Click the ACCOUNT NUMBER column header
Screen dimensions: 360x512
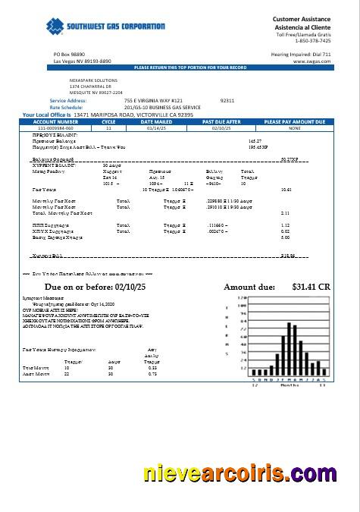coord(55,121)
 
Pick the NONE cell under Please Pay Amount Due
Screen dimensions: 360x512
coord(294,128)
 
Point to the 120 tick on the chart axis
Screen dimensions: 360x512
coord(243,298)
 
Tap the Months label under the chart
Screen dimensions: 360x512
coord(290,385)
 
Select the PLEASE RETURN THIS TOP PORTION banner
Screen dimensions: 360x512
coord(190,68)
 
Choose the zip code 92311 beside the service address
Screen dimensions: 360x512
coord(227,100)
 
